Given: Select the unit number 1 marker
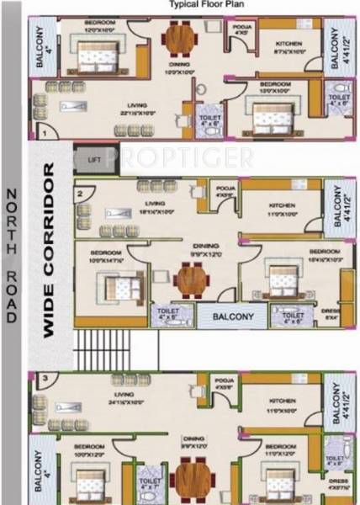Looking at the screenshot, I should [x=41, y=133].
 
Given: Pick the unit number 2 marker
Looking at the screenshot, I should [x=81, y=193].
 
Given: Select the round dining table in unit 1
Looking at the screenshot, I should [x=177, y=38].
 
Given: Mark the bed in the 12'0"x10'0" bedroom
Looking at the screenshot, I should [x=90, y=57].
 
